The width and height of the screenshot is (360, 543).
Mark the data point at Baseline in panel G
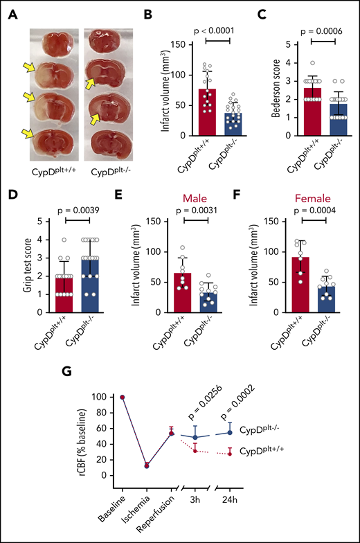click(123, 398)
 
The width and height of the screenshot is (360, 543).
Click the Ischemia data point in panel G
click(147, 465)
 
